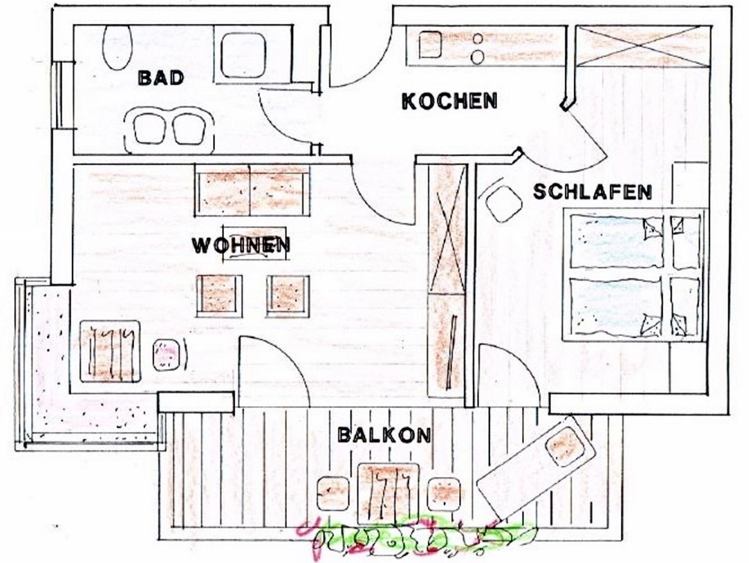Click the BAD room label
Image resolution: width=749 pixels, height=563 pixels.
[161, 78]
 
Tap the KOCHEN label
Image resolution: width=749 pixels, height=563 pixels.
[449, 101]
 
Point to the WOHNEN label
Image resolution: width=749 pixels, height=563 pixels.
[241, 245]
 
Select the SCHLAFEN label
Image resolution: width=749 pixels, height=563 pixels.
[592, 192]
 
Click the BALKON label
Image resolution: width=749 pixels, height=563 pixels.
[384, 435]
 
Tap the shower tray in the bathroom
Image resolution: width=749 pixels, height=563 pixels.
[243, 55]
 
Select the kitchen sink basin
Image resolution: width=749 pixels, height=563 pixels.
[430, 45]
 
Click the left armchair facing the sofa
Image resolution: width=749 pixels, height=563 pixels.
[219, 296]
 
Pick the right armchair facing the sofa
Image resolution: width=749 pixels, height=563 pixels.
[288, 296]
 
